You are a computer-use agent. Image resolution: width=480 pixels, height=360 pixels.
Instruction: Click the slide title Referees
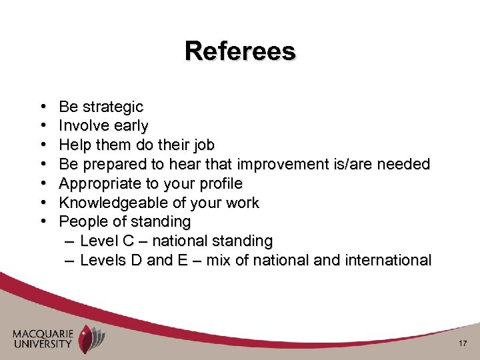tap(240, 51)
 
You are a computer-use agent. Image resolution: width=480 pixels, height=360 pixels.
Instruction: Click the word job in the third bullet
tap(204, 145)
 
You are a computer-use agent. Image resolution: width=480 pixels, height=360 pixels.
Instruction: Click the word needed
tap(405, 164)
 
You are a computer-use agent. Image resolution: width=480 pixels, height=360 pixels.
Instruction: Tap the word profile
tap(220, 183)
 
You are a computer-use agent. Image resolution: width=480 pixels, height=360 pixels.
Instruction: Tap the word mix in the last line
tap(217, 260)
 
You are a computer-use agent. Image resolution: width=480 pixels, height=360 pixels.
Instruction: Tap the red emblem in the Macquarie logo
tap(87, 339)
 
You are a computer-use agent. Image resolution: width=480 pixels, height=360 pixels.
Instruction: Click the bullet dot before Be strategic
tap(43, 107)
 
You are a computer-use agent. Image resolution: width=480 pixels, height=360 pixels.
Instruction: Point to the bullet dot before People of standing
tap(43, 221)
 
